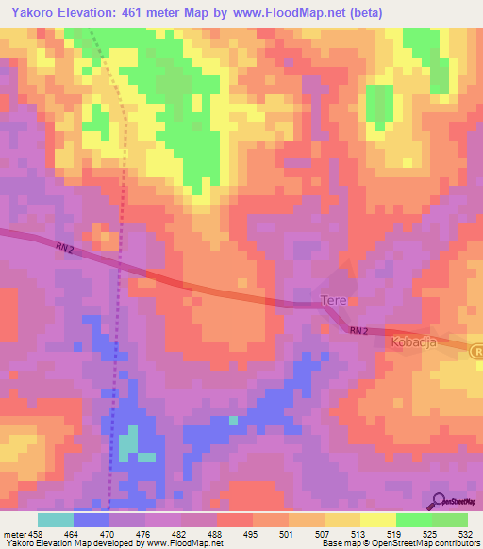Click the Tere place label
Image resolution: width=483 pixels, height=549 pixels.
tap(335, 301)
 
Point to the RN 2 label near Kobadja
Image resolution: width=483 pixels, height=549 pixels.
tap(357, 331)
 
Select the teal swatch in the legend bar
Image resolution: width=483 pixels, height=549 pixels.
tap(56, 520)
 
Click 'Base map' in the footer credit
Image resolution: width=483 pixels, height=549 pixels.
tap(341, 544)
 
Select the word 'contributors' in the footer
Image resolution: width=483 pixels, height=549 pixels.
tap(455, 544)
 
